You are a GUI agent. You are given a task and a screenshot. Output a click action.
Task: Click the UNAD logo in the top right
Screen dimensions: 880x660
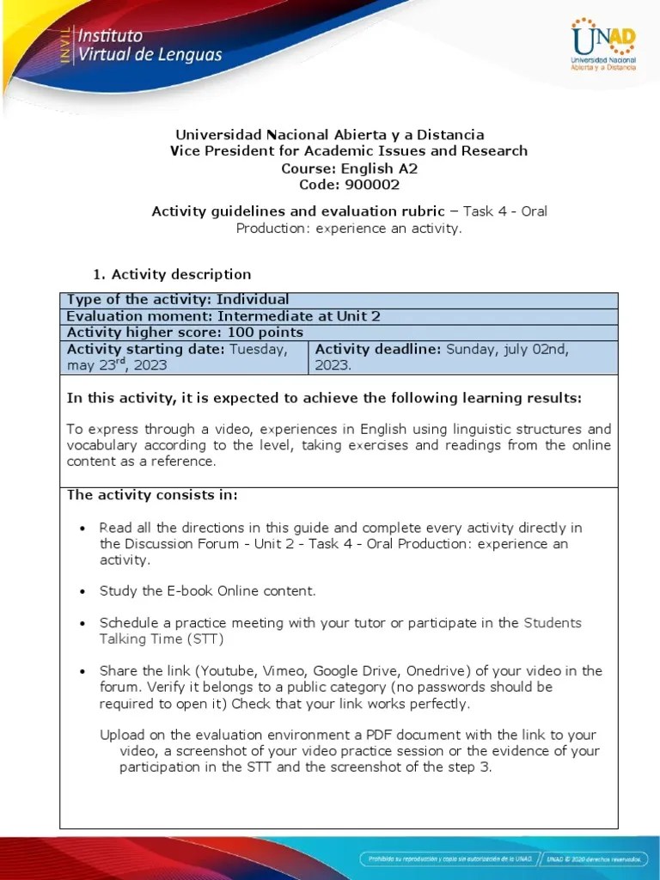602,44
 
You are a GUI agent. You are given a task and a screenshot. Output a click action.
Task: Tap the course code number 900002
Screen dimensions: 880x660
371,184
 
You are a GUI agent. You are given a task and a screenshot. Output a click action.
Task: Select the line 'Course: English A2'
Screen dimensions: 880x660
349,168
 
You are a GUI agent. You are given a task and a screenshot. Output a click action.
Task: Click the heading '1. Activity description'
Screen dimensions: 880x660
172,274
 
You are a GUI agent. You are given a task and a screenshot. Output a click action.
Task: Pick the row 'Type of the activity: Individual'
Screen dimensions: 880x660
178,299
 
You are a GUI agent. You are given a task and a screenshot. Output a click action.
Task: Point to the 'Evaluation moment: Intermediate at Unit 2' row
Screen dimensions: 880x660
223,315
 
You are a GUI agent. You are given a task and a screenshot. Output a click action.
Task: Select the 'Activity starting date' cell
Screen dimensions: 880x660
184,357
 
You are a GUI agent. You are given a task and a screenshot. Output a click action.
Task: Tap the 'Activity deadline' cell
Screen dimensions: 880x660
462,357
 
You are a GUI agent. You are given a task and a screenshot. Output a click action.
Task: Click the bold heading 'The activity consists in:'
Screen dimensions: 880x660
152,495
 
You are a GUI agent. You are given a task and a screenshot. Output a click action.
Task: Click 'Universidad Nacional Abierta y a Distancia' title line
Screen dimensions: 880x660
330,134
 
